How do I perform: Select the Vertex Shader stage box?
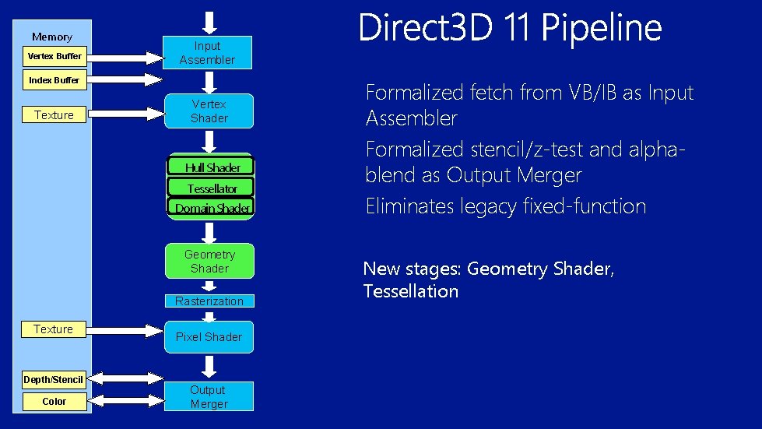pyautogui.click(x=209, y=111)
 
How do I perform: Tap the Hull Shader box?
pyautogui.click(x=212, y=167)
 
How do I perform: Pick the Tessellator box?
pyautogui.click(x=212, y=188)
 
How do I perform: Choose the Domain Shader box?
pyautogui.click(x=212, y=208)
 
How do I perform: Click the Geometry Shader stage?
pyautogui.click(x=209, y=262)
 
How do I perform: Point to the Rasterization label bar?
pyautogui.click(x=209, y=301)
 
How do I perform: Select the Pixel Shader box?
pyautogui.click(x=209, y=337)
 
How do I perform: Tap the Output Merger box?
pyautogui.click(x=209, y=396)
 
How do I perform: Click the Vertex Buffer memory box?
pyautogui.click(x=54, y=56)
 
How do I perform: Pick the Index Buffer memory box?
pyautogui.click(x=54, y=80)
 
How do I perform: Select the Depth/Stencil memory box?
pyautogui.click(x=53, y=379)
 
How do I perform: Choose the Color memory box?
pyautogui.click(x=54, y=402)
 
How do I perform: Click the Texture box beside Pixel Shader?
pyautogui.click(x=54, y=329)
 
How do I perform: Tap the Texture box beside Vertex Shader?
pyautogui.click(x=54, y=115)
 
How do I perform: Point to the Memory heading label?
pyautogui.click(x=52, y=37)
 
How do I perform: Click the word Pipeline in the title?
pyautogui.click(x=601, y=30)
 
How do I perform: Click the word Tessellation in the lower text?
pyautogui.click(x=410, y=292)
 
